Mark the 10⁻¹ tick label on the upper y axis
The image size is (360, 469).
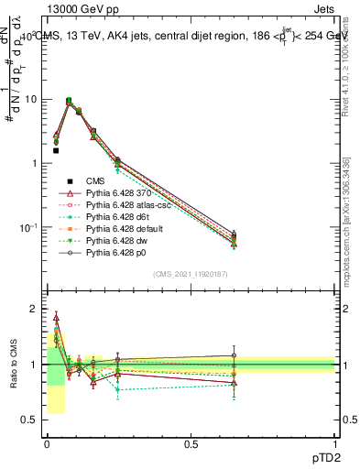(x=28, y=227)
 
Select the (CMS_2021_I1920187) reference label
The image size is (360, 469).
(x=191, y=275)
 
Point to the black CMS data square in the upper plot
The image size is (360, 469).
(x=56, y=150)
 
